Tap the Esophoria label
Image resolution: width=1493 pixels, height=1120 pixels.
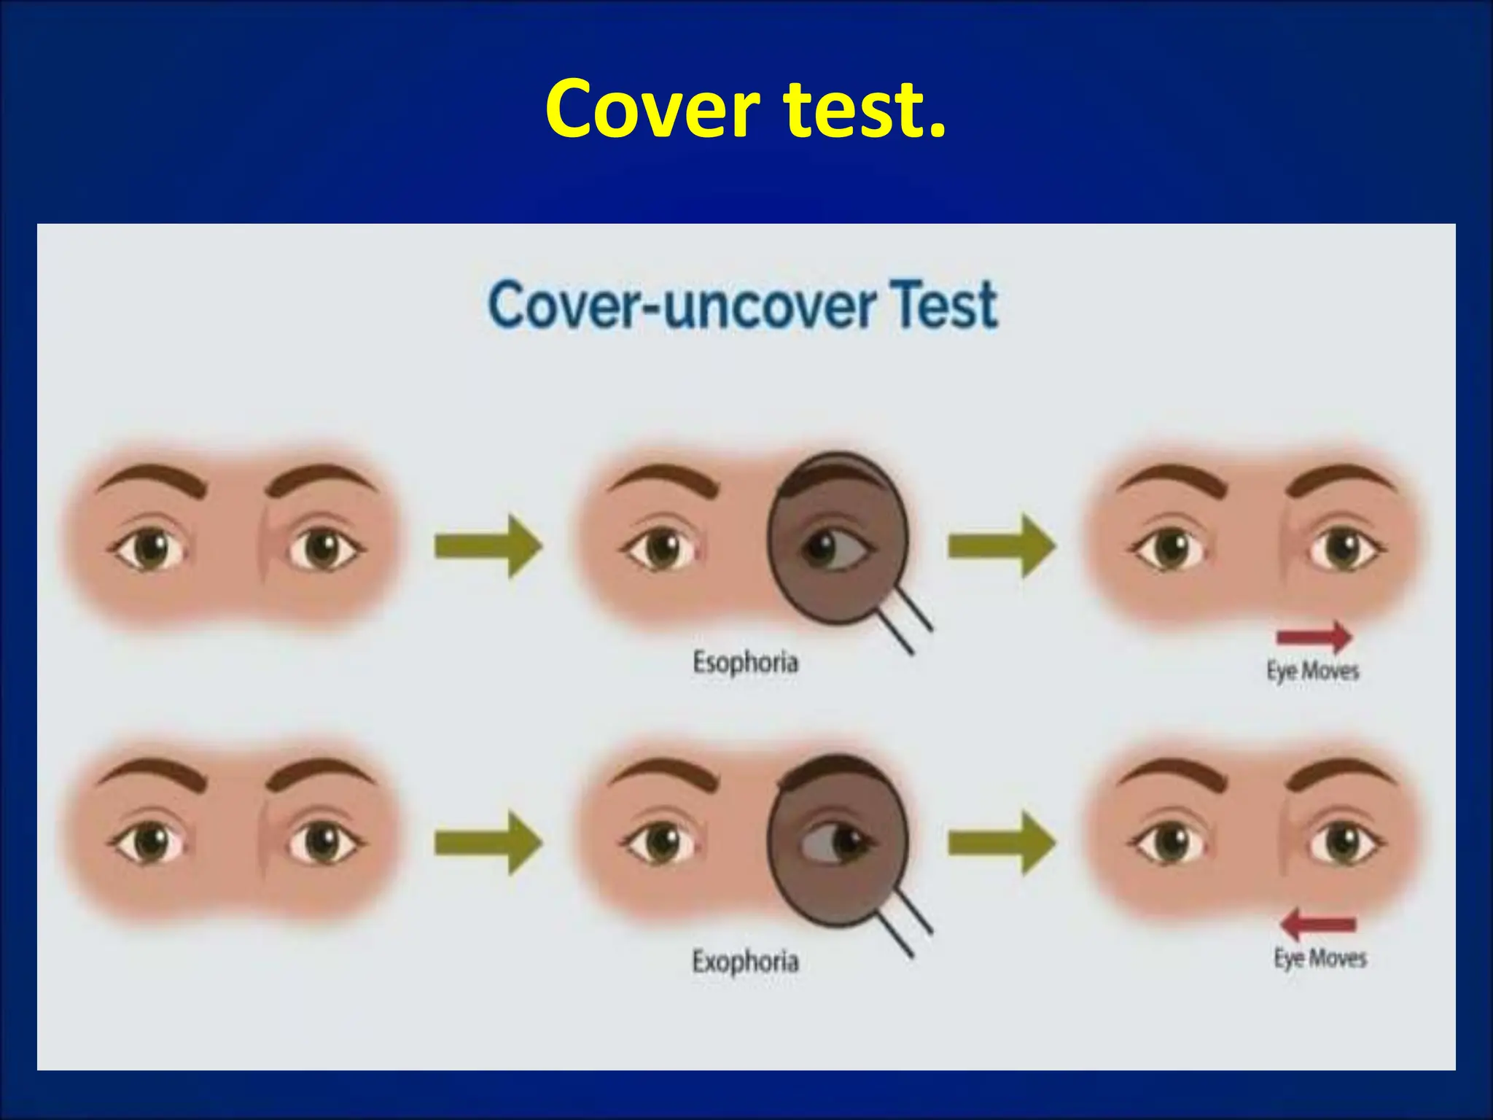click(x=745, y=663)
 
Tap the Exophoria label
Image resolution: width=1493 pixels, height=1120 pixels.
click(x=745, y=961)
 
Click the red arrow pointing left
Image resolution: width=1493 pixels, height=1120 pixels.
click(x=1318, y=925)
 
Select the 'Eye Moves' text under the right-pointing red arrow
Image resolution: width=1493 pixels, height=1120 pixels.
click(x=1312, y=670)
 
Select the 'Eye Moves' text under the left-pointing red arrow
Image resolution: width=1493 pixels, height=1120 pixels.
click(x=1319, y=957)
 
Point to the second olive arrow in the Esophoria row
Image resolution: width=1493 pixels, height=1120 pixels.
click(x=1001, y=546)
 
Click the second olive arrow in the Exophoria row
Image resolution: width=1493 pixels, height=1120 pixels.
click(x=1001, y=843)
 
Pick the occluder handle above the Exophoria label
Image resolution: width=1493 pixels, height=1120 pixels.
click(x=904, y=923)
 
